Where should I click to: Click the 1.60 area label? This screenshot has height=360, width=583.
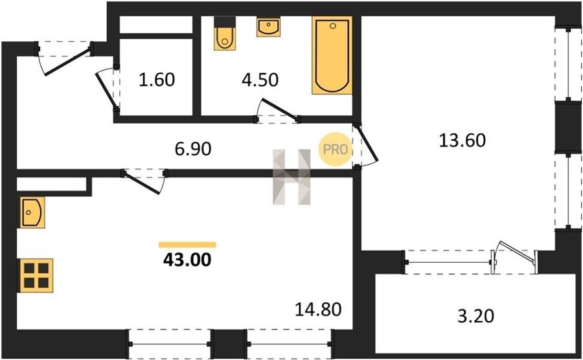(x=157, y=80)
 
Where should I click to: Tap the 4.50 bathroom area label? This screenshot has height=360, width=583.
(x=260, y=80)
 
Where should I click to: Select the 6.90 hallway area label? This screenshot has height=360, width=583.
(x=193, y=149)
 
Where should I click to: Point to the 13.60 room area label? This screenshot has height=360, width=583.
(x=462, y=140)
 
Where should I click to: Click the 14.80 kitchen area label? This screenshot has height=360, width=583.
(x=318, y=309)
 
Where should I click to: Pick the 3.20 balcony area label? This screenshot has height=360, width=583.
(x=476, y=316)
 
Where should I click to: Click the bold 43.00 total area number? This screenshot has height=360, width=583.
(x=187, y=260)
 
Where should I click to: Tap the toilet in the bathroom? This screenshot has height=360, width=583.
(x=225, y=34)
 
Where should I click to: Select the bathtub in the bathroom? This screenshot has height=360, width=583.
(x=332, y=55)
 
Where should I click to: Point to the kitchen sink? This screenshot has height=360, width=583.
(x=32, y=212)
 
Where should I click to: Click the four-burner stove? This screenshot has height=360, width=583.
(x=36, y=275)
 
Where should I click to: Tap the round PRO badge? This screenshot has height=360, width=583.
(x=335, y=149)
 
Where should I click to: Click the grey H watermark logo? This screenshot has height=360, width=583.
(x=291, y=177)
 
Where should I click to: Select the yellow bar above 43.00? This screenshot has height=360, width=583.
(x=187, y=245)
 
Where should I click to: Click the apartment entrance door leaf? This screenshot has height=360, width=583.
(x=68, y=61)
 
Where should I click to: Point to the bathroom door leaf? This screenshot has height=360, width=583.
(x=280, y=109)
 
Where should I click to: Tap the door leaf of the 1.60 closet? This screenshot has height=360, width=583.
(x=106, y=90)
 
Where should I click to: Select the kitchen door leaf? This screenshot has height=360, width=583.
(x=143, y=183)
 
